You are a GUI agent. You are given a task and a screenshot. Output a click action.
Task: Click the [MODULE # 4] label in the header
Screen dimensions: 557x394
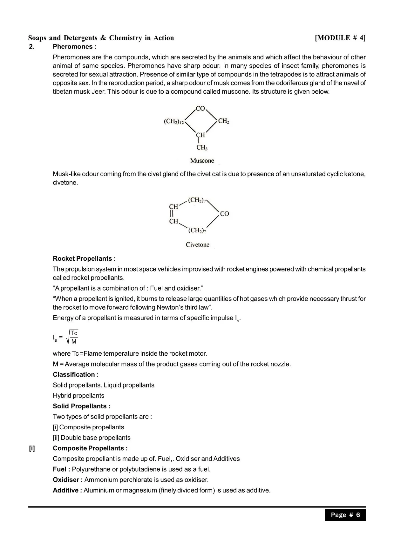point(340,38)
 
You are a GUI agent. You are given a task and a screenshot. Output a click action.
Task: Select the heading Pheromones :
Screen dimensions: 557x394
point(74,47)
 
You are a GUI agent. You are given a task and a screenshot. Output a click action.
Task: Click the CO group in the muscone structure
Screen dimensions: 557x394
point(200,109)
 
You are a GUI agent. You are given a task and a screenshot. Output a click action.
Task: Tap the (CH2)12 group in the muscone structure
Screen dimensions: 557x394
point(174,121)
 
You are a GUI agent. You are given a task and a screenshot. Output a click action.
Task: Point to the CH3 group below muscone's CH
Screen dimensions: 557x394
point(202,148)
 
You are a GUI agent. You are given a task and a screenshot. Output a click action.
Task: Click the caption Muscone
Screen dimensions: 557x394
point(202,161)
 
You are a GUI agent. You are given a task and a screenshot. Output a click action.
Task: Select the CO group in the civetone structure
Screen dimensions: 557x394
point(224,214)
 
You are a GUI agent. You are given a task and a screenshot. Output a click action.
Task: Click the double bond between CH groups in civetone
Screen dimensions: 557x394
point(172,214)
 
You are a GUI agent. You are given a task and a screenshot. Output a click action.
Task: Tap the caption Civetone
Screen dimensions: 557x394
point(198,245)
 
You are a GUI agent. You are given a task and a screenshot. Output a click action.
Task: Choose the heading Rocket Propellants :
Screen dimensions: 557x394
point(84,258)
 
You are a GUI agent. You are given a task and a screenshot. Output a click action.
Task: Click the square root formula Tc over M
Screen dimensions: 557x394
point(72,337)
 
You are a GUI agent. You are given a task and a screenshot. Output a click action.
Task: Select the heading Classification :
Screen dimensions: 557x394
point(75,374)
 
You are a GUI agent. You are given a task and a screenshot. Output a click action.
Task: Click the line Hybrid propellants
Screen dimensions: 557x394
point(78,395)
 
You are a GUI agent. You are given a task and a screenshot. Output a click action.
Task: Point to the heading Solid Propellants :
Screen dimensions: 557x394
point(82,406)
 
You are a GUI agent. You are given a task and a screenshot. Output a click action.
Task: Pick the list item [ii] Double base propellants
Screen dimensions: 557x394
point(92,438)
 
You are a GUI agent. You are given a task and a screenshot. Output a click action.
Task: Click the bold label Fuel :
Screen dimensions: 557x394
point(61,469)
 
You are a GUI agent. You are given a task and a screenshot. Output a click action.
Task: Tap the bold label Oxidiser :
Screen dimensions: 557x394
point(68,480)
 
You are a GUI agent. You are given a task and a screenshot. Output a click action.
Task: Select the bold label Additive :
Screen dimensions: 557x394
point(67,490)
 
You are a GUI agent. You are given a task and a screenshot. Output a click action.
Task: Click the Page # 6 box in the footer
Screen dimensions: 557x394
point(345,515)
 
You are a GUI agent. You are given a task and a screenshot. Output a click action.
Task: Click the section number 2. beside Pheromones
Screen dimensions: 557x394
point(31,47)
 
